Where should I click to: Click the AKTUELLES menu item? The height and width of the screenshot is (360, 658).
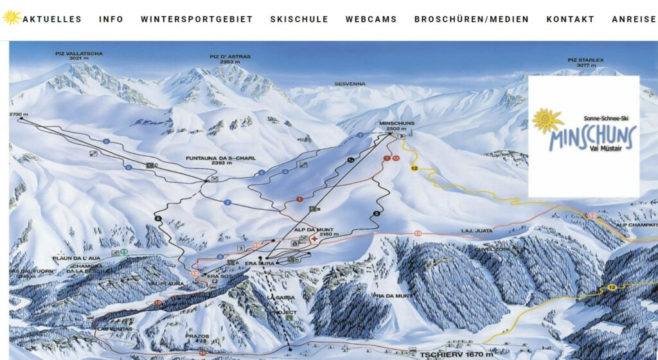tap(52, 19)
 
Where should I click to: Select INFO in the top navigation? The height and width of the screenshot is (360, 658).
tap(111, 19)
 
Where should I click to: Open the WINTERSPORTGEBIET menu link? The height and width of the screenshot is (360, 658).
tap(197, 19)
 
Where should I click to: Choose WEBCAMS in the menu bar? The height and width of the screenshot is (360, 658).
tap(371, 19)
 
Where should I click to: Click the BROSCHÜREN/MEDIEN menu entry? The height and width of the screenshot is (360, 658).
tap(472, 19)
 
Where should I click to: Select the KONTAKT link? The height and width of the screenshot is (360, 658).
tap(570, 19)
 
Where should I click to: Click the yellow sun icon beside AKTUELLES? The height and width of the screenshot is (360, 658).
tap(11, 17)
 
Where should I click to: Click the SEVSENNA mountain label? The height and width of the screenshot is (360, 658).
tap(350, 84)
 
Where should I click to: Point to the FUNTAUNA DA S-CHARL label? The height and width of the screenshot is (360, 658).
tap(213, 161)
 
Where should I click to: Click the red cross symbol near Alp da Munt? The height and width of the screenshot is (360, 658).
tap(314, 239)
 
